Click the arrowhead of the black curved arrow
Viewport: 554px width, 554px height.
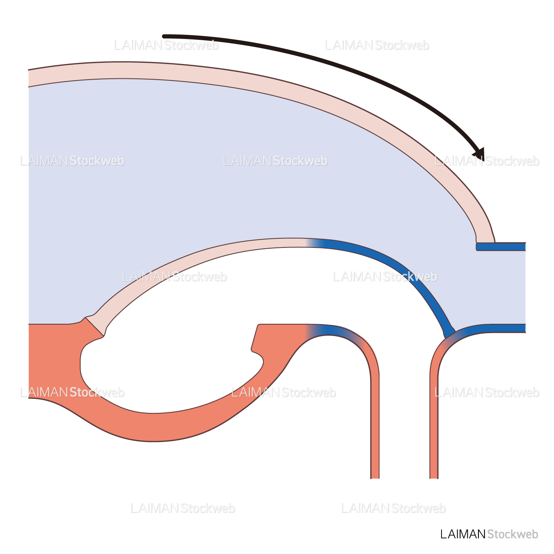pos(480,155)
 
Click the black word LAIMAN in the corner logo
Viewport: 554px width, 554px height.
pos(462,534)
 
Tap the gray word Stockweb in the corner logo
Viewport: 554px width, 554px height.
pos(513,534)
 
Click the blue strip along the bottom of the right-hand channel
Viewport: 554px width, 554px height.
pos(492,328)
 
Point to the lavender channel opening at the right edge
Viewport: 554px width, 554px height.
pos(517,287)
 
